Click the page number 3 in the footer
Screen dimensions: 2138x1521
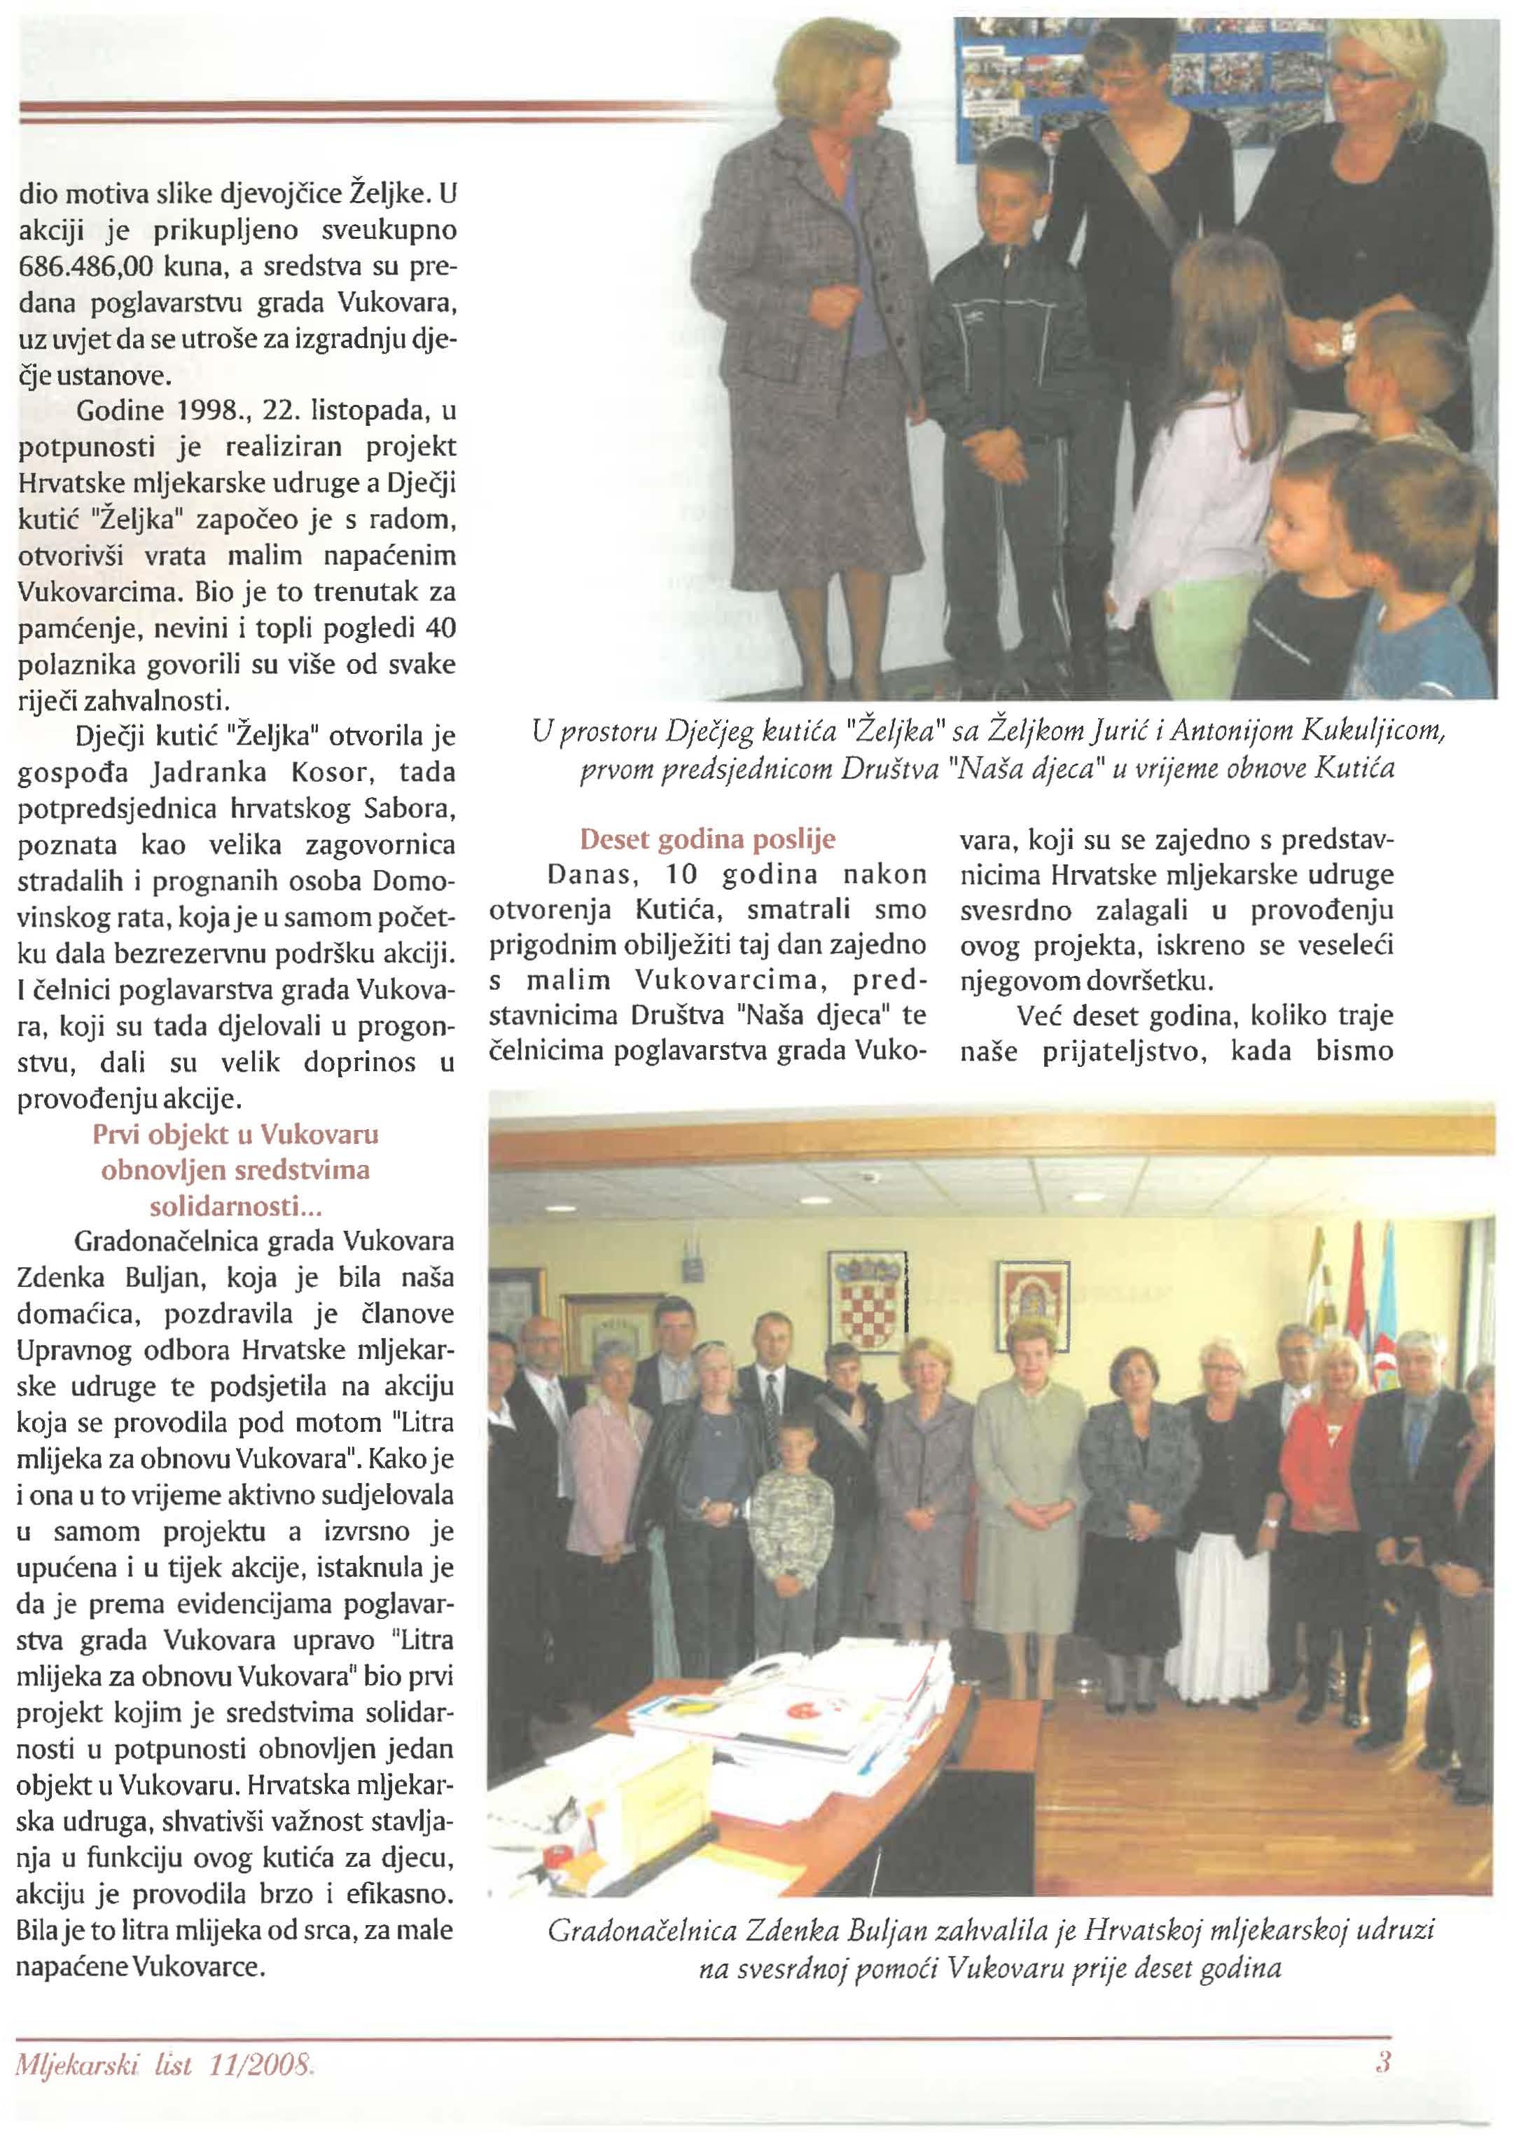click(x=1382, y=2062)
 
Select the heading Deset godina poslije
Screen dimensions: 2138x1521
click(x=707, y=839)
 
